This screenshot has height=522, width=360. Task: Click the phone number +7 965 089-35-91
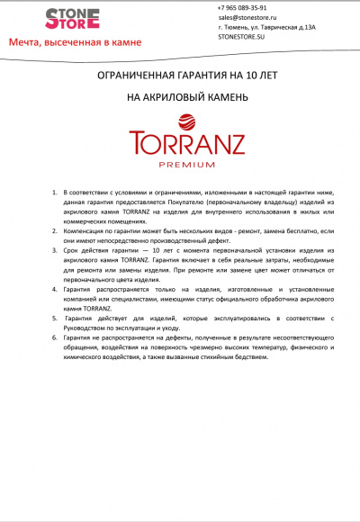242,7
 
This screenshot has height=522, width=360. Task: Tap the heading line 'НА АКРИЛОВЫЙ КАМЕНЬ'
179,96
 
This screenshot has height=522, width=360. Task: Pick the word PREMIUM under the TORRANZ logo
180,165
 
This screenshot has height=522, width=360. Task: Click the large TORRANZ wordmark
180,146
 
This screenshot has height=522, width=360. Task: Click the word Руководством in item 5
90,327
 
